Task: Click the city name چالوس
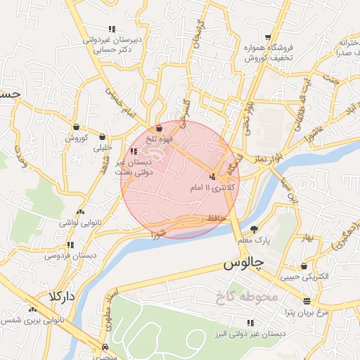243,264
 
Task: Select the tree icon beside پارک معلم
254,229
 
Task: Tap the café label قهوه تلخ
159,140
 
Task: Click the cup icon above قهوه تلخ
160,128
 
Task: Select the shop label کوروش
76,138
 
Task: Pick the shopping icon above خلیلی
103,137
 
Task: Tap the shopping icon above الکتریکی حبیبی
303,266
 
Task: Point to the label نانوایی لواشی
79,222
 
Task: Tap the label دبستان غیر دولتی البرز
250,335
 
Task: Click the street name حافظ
215,219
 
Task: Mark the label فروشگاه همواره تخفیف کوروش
268,53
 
